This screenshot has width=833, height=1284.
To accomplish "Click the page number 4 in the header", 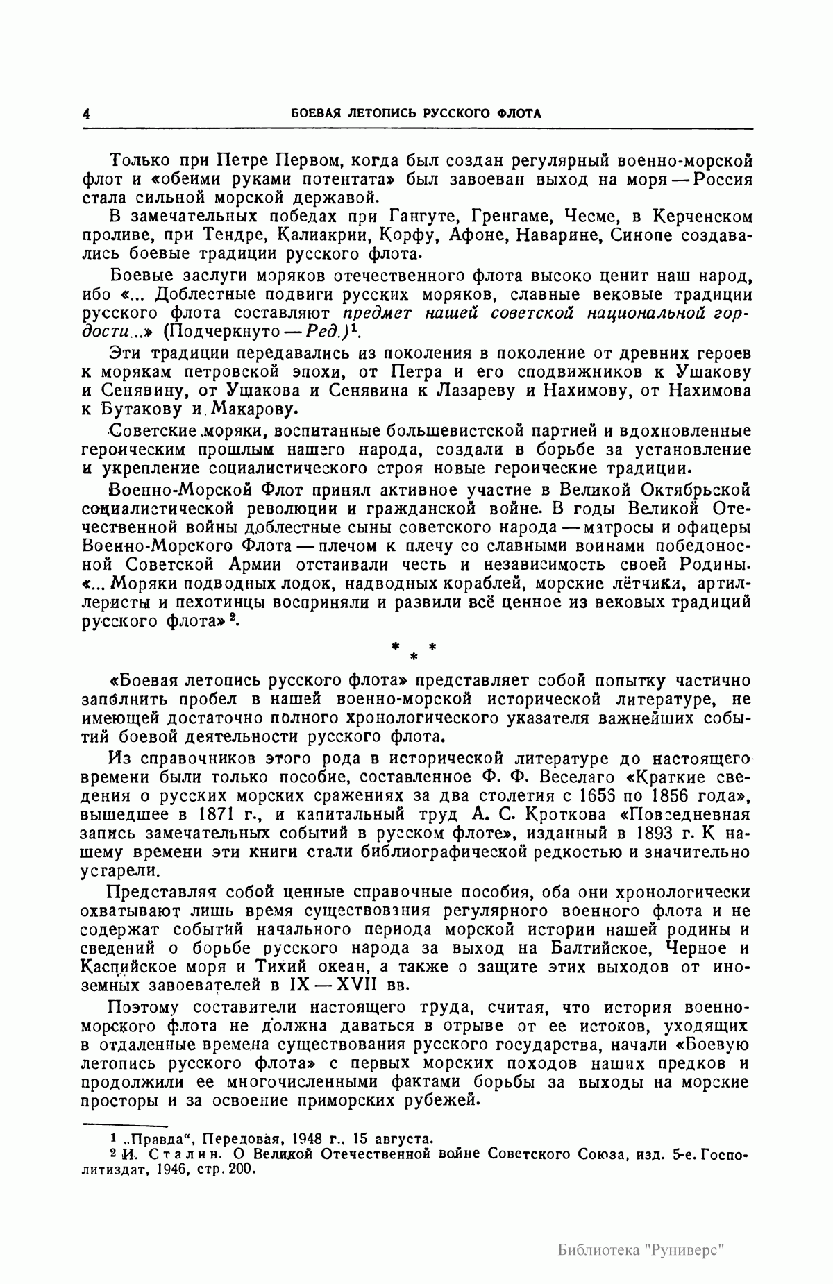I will click(86, 115).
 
